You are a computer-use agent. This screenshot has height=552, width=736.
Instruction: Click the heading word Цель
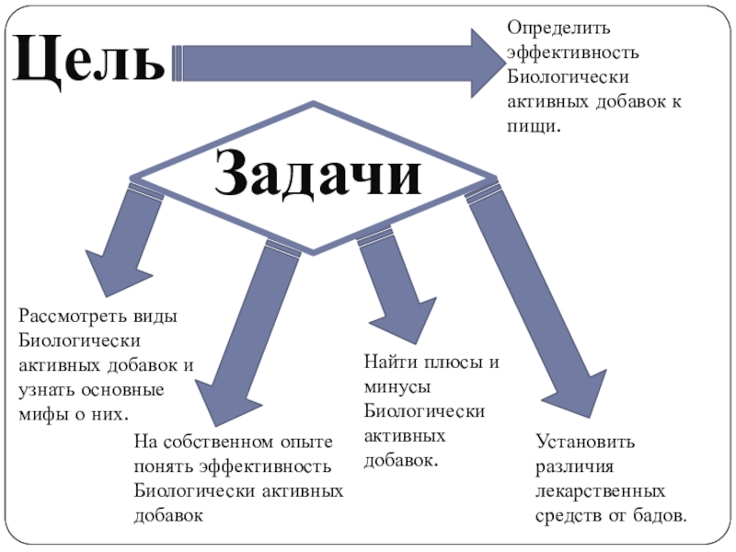coord(88,60)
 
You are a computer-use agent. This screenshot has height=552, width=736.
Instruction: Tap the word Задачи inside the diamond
coord(318,174)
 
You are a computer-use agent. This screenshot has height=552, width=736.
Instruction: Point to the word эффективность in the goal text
coord(568,53)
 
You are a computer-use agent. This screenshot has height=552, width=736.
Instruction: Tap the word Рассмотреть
coord(68,316)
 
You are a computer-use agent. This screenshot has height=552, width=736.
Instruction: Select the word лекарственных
coord(600,490)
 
